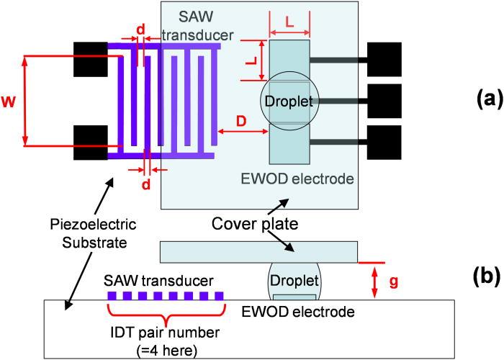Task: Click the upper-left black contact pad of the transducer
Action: click(x=91, y=59)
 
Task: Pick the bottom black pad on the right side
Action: click(x=384, y=142)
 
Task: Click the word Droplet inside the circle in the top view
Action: click(x=288, y=102)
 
